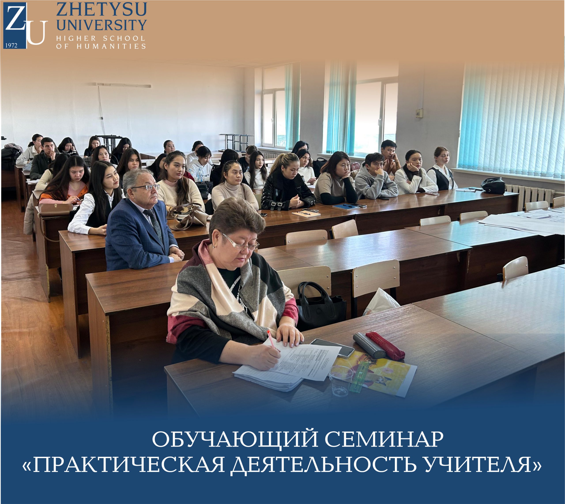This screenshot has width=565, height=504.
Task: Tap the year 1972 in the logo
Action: (x=11, y=46)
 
